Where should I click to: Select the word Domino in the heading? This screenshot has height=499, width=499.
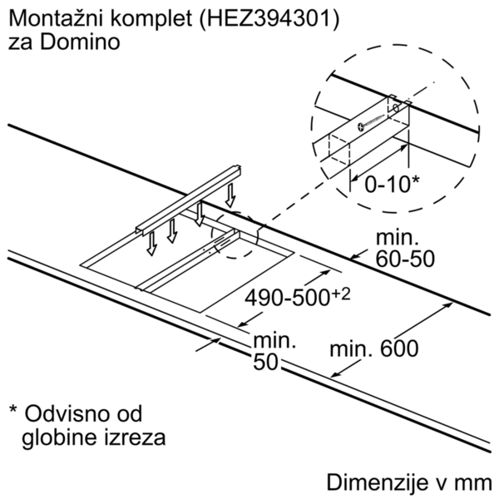pyautogui.click(x=80, y=42)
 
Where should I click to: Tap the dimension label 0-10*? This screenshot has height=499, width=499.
pyautogui.click(x=392, y=184)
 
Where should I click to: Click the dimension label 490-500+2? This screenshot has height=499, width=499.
pyautogui.click(x=297, y=298)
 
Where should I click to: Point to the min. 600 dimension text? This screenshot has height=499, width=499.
pyautogui.click(x=374, y=348)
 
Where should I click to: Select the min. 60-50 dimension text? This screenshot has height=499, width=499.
pyautogui.click(x=405, y=248)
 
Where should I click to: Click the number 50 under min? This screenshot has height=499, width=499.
pyautogui.click(x=266, y=362)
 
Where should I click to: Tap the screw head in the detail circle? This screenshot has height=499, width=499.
pyautogui.click(x=362, y=126)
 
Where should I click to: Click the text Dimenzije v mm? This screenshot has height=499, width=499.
pyautogui.click(x=409, y=482)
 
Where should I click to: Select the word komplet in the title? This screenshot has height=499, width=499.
pyautogui.click(x=151, y=19)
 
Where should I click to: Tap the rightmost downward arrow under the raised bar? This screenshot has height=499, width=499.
pyautogui.click(x=230, y=195)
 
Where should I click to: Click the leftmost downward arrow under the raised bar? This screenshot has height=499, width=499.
pyautogui.click(x=152, y=244)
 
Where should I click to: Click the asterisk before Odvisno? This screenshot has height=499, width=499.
pyautogui.click(x=13, y=408)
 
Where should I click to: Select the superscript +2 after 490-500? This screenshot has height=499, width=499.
pyautogui.click(x=341, y=295)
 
